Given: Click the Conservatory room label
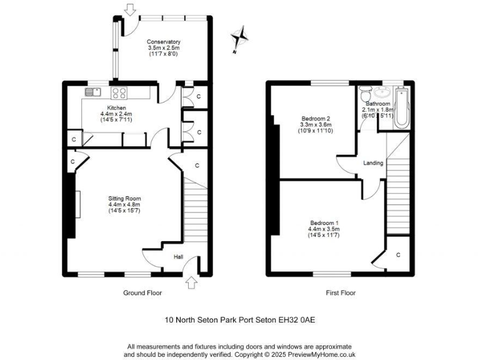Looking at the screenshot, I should [163, 42].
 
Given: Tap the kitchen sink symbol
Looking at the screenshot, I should [92, 92].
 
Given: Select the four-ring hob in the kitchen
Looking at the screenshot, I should [119, 93].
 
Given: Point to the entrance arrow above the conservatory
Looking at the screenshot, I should [130, 9].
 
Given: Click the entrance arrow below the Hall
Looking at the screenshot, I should [192, 283].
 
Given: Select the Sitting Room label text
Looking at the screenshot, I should [124, 199].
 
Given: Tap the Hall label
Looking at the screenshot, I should [178, 256].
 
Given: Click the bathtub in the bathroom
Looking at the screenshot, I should [401, 109].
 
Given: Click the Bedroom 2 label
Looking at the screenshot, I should [316, 118].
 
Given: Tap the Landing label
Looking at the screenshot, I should [373, 163].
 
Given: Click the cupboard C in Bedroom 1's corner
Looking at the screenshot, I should [398, 254].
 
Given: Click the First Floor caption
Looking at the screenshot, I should [341, 292].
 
